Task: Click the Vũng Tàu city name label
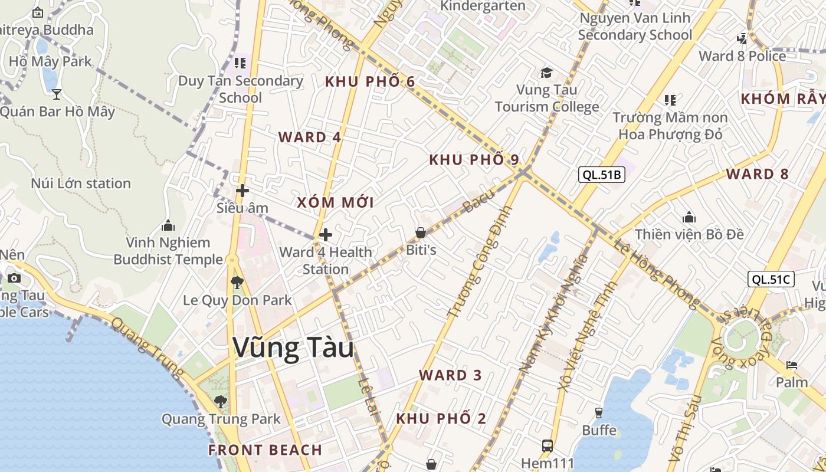[293, 348]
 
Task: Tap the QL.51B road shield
[601, 174]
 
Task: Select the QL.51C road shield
[771, 279]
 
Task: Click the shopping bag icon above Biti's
[421, 232]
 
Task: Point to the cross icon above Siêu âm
[242, 191]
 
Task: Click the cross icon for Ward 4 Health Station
[325, 235]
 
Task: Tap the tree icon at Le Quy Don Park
[237, 282]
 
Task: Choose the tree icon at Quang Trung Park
[221, 402]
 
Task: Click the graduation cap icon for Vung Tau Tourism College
[546, 73]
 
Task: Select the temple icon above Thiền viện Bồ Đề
[689, 217]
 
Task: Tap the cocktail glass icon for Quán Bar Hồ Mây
[57, 94]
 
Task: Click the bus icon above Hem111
[547, 445]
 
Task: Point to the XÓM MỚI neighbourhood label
[335, 202]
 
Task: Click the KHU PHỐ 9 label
[474, 159]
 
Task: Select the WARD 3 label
[450, 375]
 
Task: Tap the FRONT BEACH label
[265, 450]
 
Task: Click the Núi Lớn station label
[81, 183]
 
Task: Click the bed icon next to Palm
[792, 365]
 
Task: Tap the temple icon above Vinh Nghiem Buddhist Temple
[168, 225]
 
